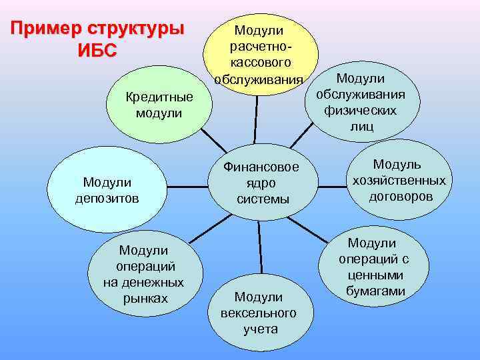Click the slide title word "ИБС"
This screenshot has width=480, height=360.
click(97, 50)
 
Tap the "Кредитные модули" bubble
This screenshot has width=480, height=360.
click(159, 105)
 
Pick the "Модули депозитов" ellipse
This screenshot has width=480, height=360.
click(107, 189)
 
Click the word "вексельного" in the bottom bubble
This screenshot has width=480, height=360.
click(259, 313)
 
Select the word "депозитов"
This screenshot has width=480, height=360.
click(107, 197)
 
